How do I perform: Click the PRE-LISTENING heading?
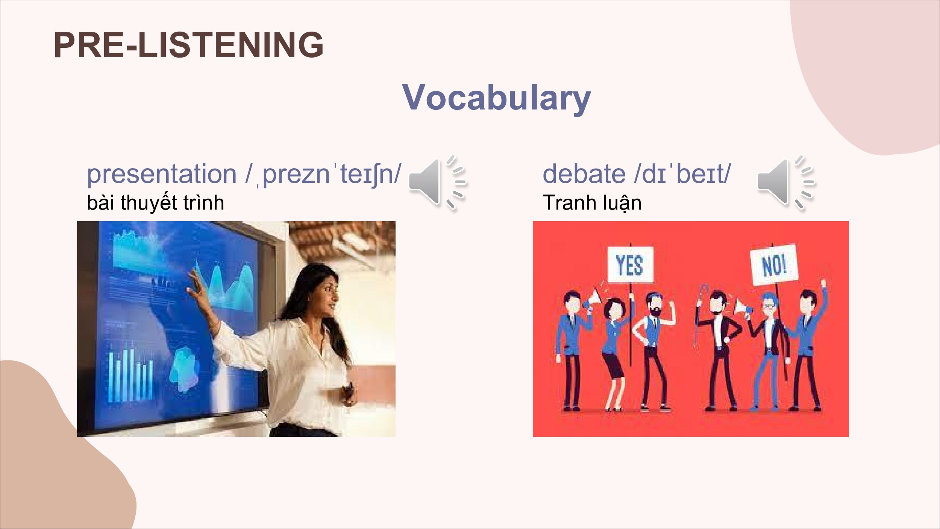(x=188, y=45)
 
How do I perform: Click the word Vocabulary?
(x=496, y=98)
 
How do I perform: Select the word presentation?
(x=162, y=175)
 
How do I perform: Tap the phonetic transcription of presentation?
(x=324, y=175)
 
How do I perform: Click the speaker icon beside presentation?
(x=438, y=183)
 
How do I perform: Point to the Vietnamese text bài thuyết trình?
(x=155, y=202)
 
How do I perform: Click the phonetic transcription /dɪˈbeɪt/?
(x=682, y=174)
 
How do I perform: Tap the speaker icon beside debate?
(x=786, y=183)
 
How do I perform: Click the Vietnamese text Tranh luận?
(x=592, y=202)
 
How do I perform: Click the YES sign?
(x=631, y=264)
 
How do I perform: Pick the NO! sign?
(x=774, y=264)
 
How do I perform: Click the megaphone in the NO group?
(x=743, y=308)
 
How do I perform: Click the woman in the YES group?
(x=615, y=354)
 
